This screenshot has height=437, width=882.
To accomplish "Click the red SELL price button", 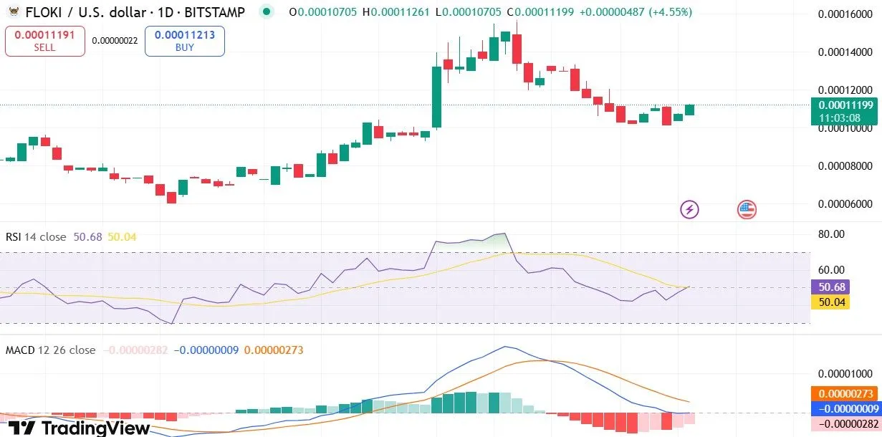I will point(44,41).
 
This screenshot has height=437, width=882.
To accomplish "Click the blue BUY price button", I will point(184,41).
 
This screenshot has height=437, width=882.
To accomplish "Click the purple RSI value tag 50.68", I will point(830,287).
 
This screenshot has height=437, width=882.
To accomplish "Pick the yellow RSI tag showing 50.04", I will point(830,302).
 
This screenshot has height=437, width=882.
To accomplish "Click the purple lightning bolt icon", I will point(689,209).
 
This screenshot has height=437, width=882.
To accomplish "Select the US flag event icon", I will point(747,209).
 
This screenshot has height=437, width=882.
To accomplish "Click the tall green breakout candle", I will point(436,97).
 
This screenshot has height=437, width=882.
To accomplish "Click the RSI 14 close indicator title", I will point(36,237).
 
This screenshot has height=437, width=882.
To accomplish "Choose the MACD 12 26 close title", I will point(50,350).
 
